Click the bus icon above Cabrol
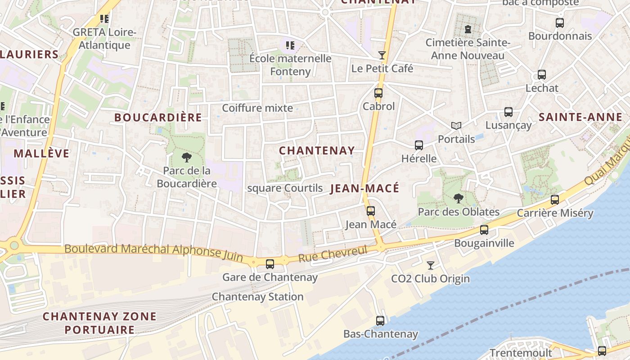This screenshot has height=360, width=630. coord(378,93)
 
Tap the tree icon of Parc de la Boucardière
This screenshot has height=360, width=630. coord(186,157)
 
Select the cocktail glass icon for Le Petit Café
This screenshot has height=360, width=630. coord(382,55)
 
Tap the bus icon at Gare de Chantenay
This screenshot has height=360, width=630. coord(270,264)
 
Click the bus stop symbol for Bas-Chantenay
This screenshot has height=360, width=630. coord(380,321)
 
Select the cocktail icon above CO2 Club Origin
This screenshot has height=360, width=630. coord(431,265)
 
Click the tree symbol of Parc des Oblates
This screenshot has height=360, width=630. coord(459,198)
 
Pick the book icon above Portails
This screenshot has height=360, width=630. coord(456,126)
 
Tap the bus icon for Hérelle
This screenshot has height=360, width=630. coord(419,145)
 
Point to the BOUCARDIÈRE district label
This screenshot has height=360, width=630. coord(158,117)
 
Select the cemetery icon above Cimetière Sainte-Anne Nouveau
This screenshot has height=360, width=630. coord(468,30)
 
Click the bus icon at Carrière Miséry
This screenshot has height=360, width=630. coord(555,200)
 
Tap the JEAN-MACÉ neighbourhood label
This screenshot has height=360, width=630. coord(364,189)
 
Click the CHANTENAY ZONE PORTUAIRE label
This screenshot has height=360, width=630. coord(99,323)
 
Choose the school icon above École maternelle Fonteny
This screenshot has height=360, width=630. coord(290,45)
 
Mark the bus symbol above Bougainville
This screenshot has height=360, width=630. coord(484,230)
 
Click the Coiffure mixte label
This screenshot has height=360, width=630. coord(257,108)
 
